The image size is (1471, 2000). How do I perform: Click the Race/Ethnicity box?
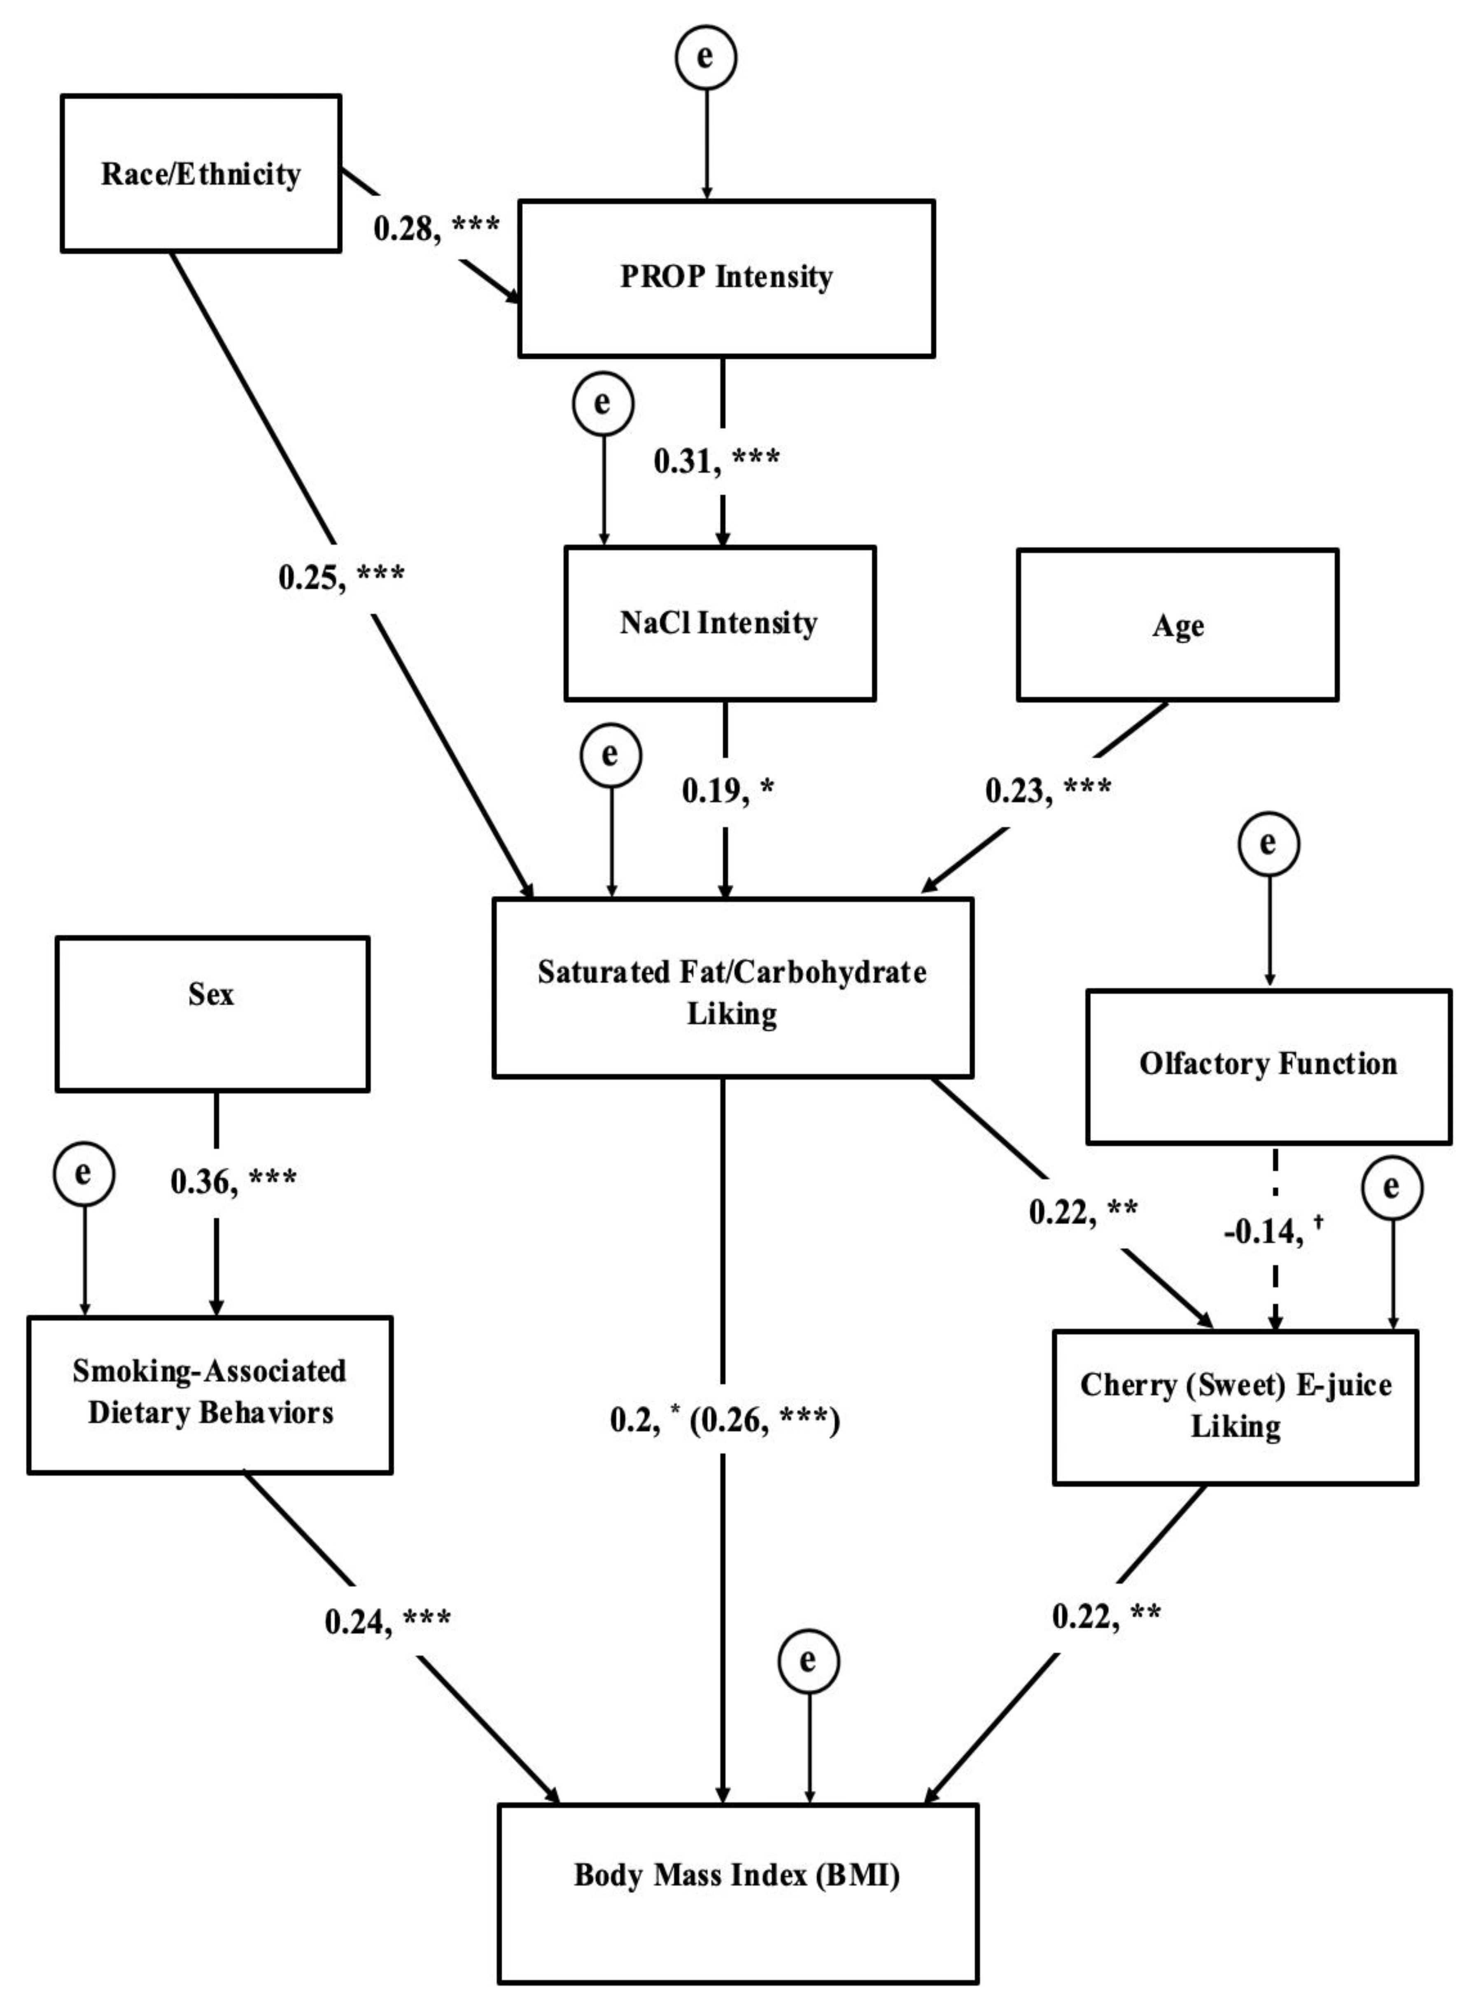tap(200, 174)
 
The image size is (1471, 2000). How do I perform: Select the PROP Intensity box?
tap(726, 278)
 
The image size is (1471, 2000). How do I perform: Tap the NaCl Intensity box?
tap(720, 624)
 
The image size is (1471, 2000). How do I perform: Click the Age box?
tap(1177, 625)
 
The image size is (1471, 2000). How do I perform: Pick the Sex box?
tap(212, 1014)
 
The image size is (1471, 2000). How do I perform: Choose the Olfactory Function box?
tap(1268, 1065)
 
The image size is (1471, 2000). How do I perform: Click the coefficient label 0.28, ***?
tap(436, 229)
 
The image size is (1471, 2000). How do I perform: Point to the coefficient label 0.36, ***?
tap(233, 1181)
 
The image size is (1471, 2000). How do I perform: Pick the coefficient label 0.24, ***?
tap(387, 1622)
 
